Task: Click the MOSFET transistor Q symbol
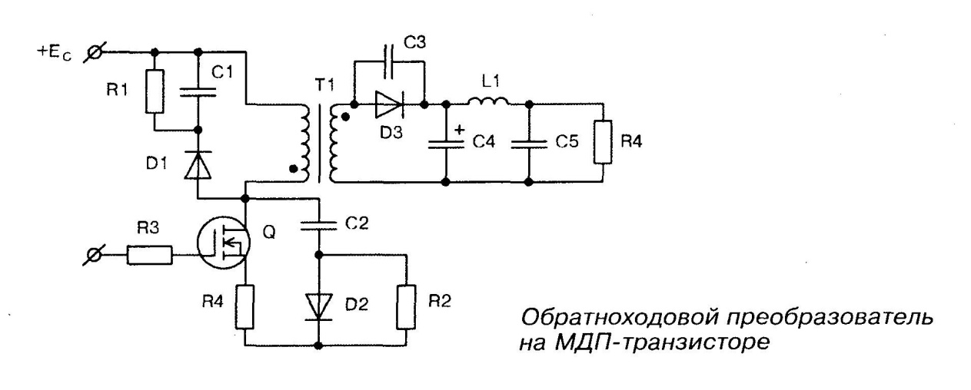point(224,242)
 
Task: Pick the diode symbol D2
point(321,306)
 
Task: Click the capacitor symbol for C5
point(529,144)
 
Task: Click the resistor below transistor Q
point(245,305)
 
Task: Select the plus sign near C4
point(459,130)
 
